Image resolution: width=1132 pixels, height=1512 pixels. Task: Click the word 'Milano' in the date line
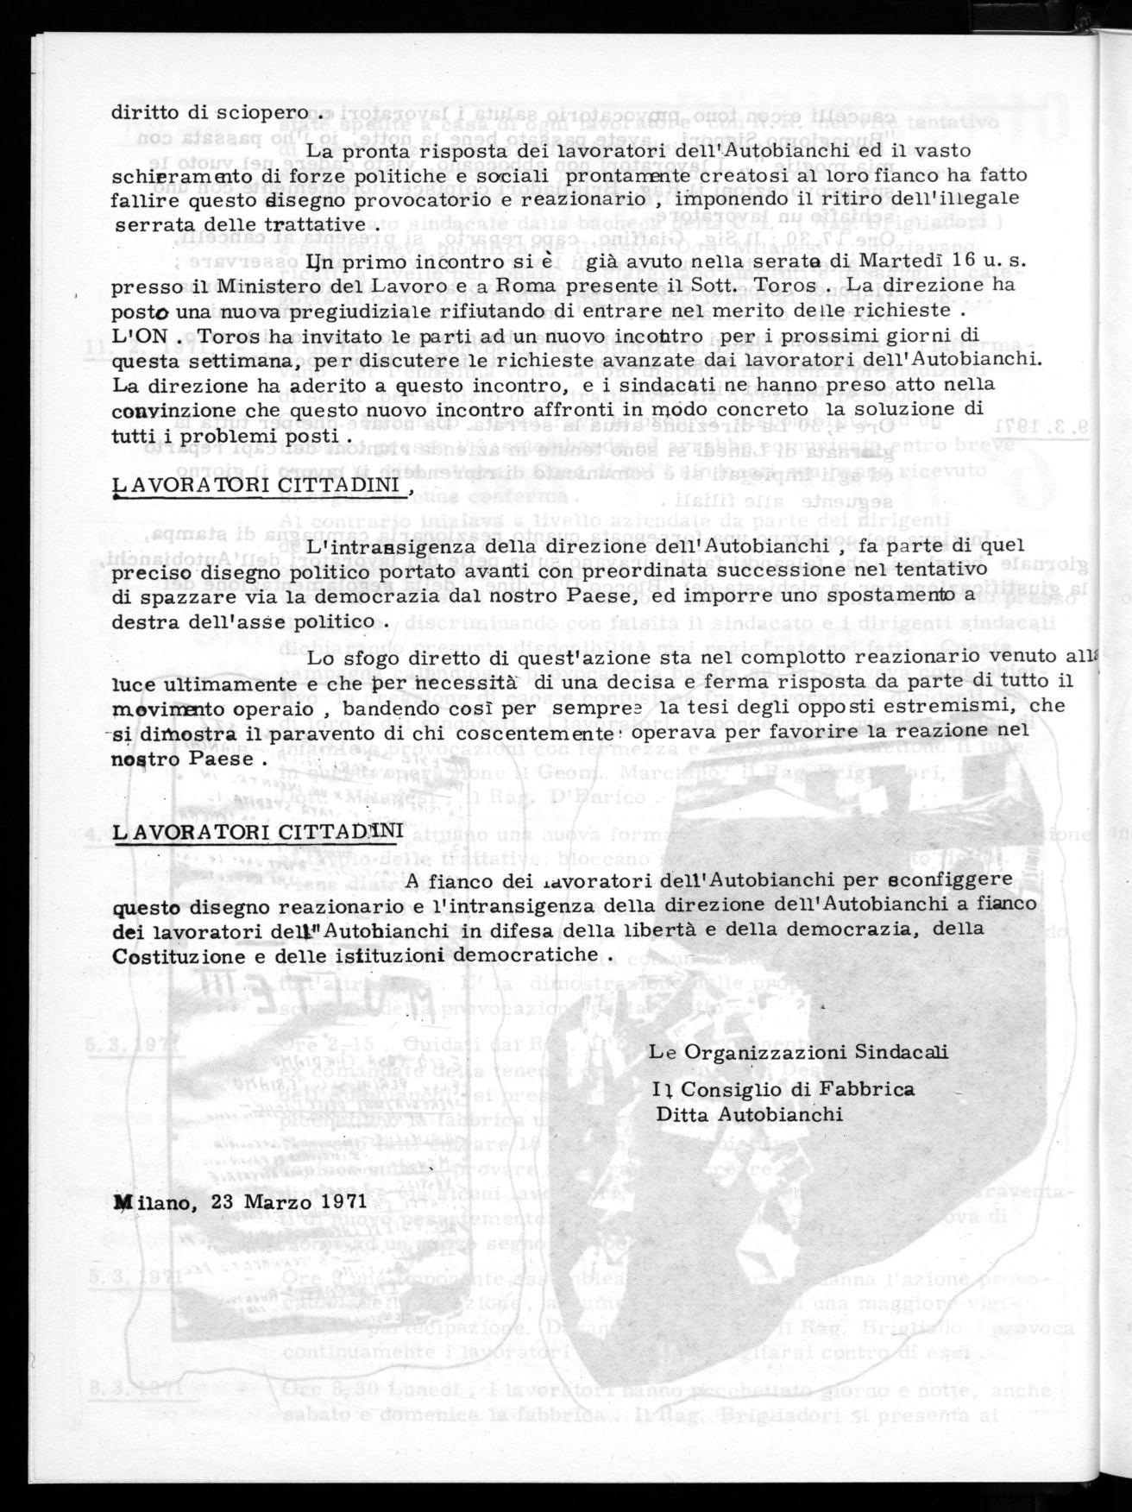[x=148, y=1201]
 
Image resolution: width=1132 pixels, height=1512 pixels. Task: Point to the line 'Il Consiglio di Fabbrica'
[x=784, y=1090]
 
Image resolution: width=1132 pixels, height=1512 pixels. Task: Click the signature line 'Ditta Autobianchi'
[x=748, y=1114]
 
